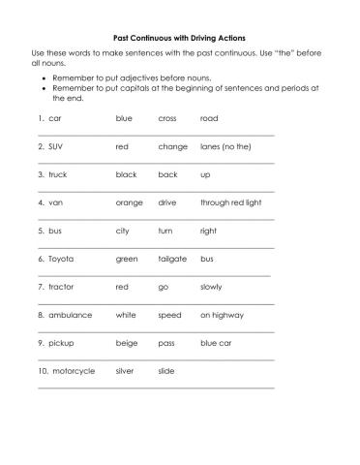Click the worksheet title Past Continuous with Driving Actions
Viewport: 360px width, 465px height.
tap(179, 38)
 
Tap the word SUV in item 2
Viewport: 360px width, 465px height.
tap(56, 147)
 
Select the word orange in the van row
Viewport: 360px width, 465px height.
tap(129, 203)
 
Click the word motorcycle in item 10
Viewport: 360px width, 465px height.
tap(72, 371)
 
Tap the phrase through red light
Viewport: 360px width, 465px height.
tap(230, 203)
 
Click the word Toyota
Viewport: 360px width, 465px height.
tap(61, 260)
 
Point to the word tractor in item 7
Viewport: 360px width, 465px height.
tap(61, 288)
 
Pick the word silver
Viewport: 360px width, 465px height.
tap(125, 371)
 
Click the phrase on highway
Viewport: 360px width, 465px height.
tap(221, 315)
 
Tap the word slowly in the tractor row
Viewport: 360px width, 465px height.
tap(211, 288)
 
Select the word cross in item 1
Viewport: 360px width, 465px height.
tap(167, 119)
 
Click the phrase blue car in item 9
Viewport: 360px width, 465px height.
tap(217, 343)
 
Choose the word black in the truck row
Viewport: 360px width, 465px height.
tap(126, 175)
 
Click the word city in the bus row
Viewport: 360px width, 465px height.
tap(123, 232)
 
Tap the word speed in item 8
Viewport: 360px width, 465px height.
tap(169, 315)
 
